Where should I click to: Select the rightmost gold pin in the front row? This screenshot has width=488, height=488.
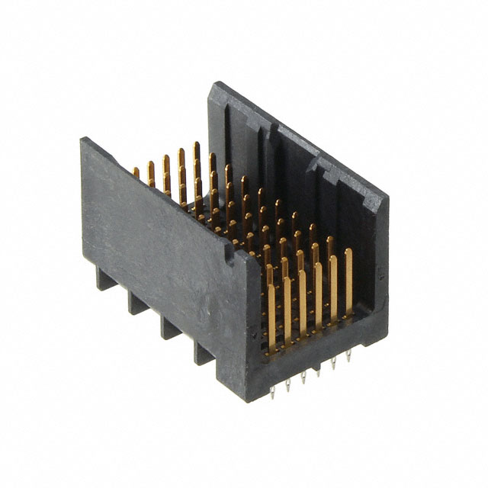(348, 282)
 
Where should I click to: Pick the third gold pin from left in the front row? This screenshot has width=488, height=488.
(303, 301)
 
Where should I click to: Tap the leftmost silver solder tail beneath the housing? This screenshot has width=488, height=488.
(272, 392)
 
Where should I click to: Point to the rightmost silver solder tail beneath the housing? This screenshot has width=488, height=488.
(348, 356)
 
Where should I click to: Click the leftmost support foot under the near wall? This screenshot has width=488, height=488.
(105, 278)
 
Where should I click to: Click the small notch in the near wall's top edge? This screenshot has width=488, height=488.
(226, 248)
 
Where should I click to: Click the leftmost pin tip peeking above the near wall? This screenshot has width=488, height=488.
(136, 172)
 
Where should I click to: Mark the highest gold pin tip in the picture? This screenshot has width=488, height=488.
(196, 145)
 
